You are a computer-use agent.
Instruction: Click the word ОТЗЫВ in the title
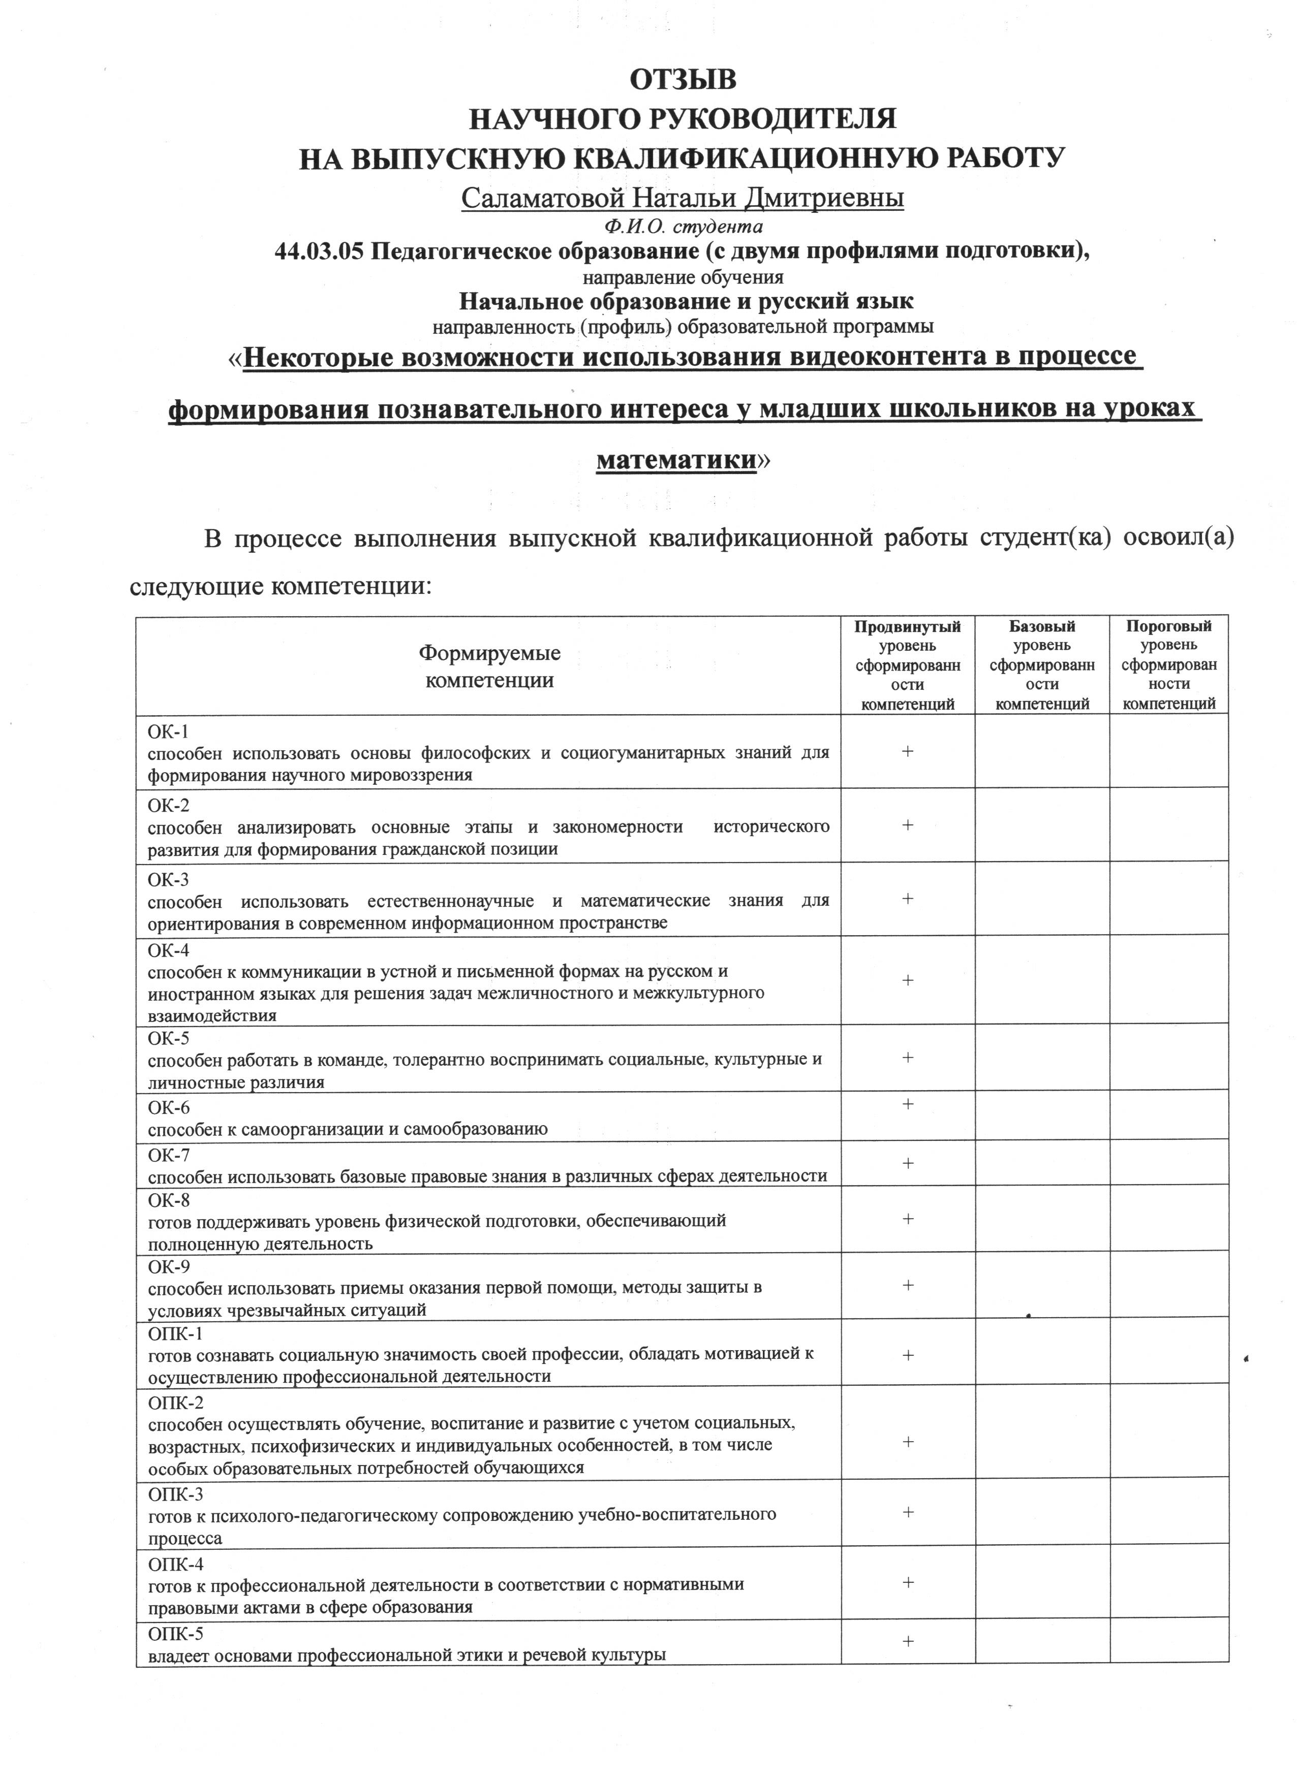[x=683, y=80]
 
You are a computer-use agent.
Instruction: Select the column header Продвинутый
[x=908, y=626]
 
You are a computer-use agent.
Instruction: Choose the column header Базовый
[x=1042, y=626]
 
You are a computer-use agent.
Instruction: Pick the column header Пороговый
[x=1169, y=626]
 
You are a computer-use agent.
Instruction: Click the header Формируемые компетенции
[x=489, y=666]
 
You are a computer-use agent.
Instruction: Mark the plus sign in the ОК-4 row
[x=908, y=980]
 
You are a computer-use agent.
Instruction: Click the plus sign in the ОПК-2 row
[x=908, y=1442]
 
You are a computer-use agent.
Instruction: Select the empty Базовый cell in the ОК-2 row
[x=1042, y=825]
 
